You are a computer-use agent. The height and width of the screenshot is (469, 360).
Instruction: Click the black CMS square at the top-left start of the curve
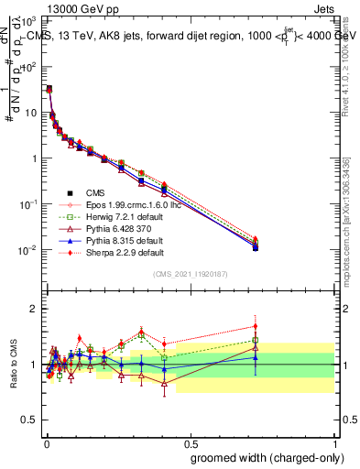tap(49, 89)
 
